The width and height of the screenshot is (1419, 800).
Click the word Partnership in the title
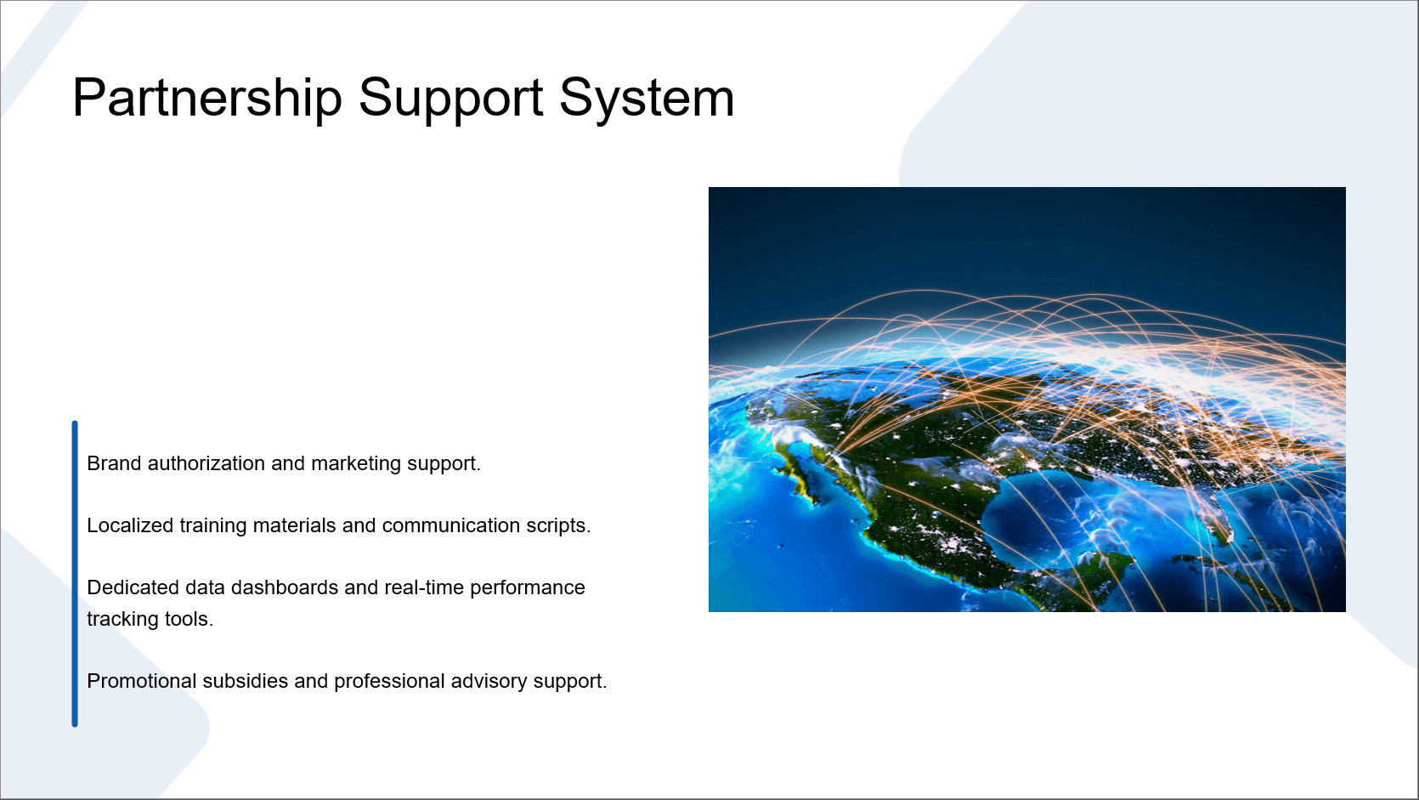[207, 98]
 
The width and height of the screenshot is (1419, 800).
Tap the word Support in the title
[451, 99]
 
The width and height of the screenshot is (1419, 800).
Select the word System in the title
[647, 99]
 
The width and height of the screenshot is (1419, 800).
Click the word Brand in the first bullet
[114, 463]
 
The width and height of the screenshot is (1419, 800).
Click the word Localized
[130, 525]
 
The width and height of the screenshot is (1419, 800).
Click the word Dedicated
[133, 587]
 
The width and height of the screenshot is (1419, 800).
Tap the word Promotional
[141, 682]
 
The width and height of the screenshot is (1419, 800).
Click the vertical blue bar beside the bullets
[75, 574]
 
